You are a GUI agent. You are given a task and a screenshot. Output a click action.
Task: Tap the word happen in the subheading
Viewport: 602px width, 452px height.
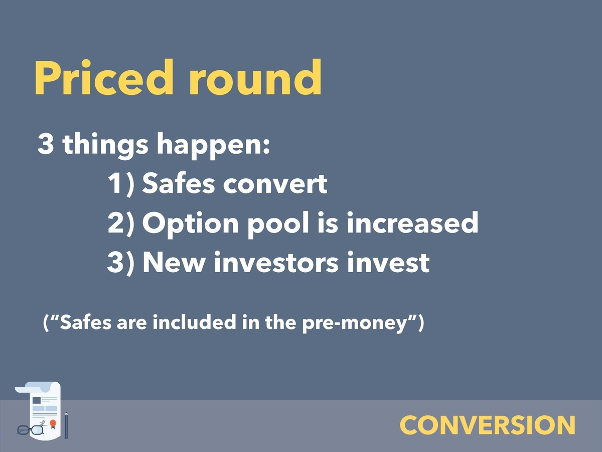point(213,146)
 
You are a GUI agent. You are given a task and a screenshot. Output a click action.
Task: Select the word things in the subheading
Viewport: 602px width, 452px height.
point(105,146)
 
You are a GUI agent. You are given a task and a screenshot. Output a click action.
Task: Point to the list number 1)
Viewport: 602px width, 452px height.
point(121,184)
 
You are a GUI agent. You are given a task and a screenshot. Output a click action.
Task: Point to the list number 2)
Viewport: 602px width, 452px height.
point(121,223)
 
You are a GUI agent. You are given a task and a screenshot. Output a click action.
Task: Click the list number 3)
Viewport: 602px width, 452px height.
point(121,263)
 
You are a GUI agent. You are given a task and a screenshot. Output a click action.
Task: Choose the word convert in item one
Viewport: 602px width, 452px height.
point(275,184)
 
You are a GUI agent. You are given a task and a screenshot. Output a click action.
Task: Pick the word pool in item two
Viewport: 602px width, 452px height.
point(278,224)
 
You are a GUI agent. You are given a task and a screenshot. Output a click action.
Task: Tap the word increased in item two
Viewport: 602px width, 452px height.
point(412,222)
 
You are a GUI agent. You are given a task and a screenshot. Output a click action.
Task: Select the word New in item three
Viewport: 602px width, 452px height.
point(174,263)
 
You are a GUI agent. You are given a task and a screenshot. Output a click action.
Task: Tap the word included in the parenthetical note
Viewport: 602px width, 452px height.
point(195,321)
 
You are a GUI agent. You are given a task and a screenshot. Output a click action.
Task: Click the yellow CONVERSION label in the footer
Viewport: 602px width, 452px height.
point(487,425)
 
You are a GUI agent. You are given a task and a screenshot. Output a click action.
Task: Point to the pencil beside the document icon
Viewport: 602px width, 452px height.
point(66,425)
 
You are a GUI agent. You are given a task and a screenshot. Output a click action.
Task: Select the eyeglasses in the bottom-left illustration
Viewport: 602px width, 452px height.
point(31,430)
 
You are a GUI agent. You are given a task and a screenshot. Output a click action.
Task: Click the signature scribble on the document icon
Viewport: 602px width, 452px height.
point(43,423)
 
